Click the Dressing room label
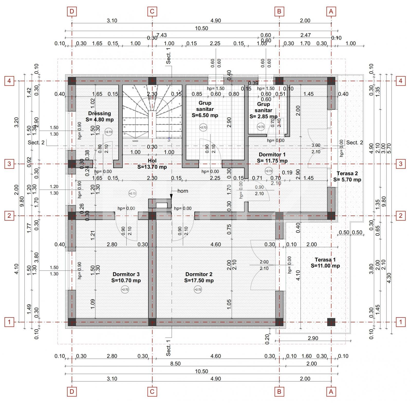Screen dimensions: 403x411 pyautogui.click(x=99, y=116)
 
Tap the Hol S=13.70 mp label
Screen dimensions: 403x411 pyautogui.click(x=152, y=164)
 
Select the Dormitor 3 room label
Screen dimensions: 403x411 pyautogui.click(x=126, y=277)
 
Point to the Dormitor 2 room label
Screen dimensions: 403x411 pyautogui.click(x=199, y=277)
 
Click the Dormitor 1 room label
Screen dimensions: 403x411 pyautogui.click(x=272, y=157)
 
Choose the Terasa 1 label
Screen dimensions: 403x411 pyautogui.click(x=325, y=263)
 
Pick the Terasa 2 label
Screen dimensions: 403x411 pyautogui.click(x=347, y=176)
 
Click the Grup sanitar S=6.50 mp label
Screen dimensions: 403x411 pyautogui.click(x=205, y=109)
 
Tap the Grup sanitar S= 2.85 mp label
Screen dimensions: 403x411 pyautogui.click(x=263, y=110)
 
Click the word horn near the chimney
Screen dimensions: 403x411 pyautogui.click(x=183, y=191)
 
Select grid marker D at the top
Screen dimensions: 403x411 pyautogui.click(x=72, y=11)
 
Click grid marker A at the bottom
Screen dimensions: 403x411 pyautogui.click(x=331, y=392)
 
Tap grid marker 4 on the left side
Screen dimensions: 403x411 pyautogui.click(x=9, y=81)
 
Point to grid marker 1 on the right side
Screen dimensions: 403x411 pyautogui.click(x=400, y=322)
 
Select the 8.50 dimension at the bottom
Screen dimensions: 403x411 pyautogui.click(x=175, y=363)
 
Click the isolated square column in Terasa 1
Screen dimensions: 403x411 pyautogui.click(x=331, y=322)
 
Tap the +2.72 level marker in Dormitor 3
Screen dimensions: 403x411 pyautogui.click(x=125, y=289)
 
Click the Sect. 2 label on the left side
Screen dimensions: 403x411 pyautogui.click(x=36, y=143)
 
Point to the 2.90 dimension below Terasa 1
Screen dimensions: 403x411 pyautogui.click(x=313, y=338)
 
